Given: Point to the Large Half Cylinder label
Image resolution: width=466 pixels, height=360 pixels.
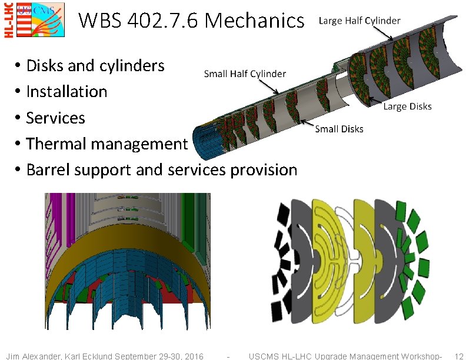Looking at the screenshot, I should click(x=360, y=21).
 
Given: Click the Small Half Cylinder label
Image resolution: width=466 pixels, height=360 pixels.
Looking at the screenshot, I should click(x=245, y=74).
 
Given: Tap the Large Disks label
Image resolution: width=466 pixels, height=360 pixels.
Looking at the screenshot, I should click(x=407, y=106).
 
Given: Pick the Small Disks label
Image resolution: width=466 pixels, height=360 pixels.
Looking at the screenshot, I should click(x=339, y=129).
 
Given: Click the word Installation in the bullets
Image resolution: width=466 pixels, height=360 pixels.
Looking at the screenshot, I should click(x=66, y=92).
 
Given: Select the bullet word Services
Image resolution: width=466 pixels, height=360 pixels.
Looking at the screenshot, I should click(x=55, y=118).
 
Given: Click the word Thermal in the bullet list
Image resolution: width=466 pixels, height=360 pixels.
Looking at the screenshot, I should click(x=56, y=144).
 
